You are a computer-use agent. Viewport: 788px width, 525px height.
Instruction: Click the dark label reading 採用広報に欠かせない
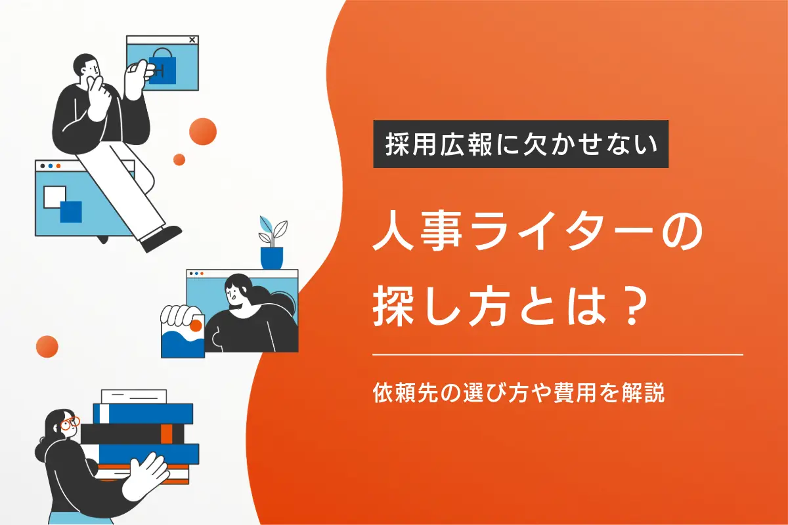click(x=521, y=144)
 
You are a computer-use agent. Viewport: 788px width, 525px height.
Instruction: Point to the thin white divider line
click(x=558, y=354)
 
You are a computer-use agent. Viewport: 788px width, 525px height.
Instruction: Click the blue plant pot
click(x=271, y=257)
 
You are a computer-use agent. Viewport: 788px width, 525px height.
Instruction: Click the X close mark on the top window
click(x=192, y=40)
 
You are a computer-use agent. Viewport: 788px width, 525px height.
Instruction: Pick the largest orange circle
click(x=203, y=131)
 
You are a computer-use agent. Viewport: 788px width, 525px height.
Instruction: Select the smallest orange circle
click(x=179, y=159)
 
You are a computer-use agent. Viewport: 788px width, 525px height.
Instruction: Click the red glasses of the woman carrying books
click(x=70, y=423)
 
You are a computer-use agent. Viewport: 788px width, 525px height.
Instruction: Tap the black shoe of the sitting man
click(x=161, y=238)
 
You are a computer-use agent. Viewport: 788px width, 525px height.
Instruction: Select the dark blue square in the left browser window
click(x=70, y=211)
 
